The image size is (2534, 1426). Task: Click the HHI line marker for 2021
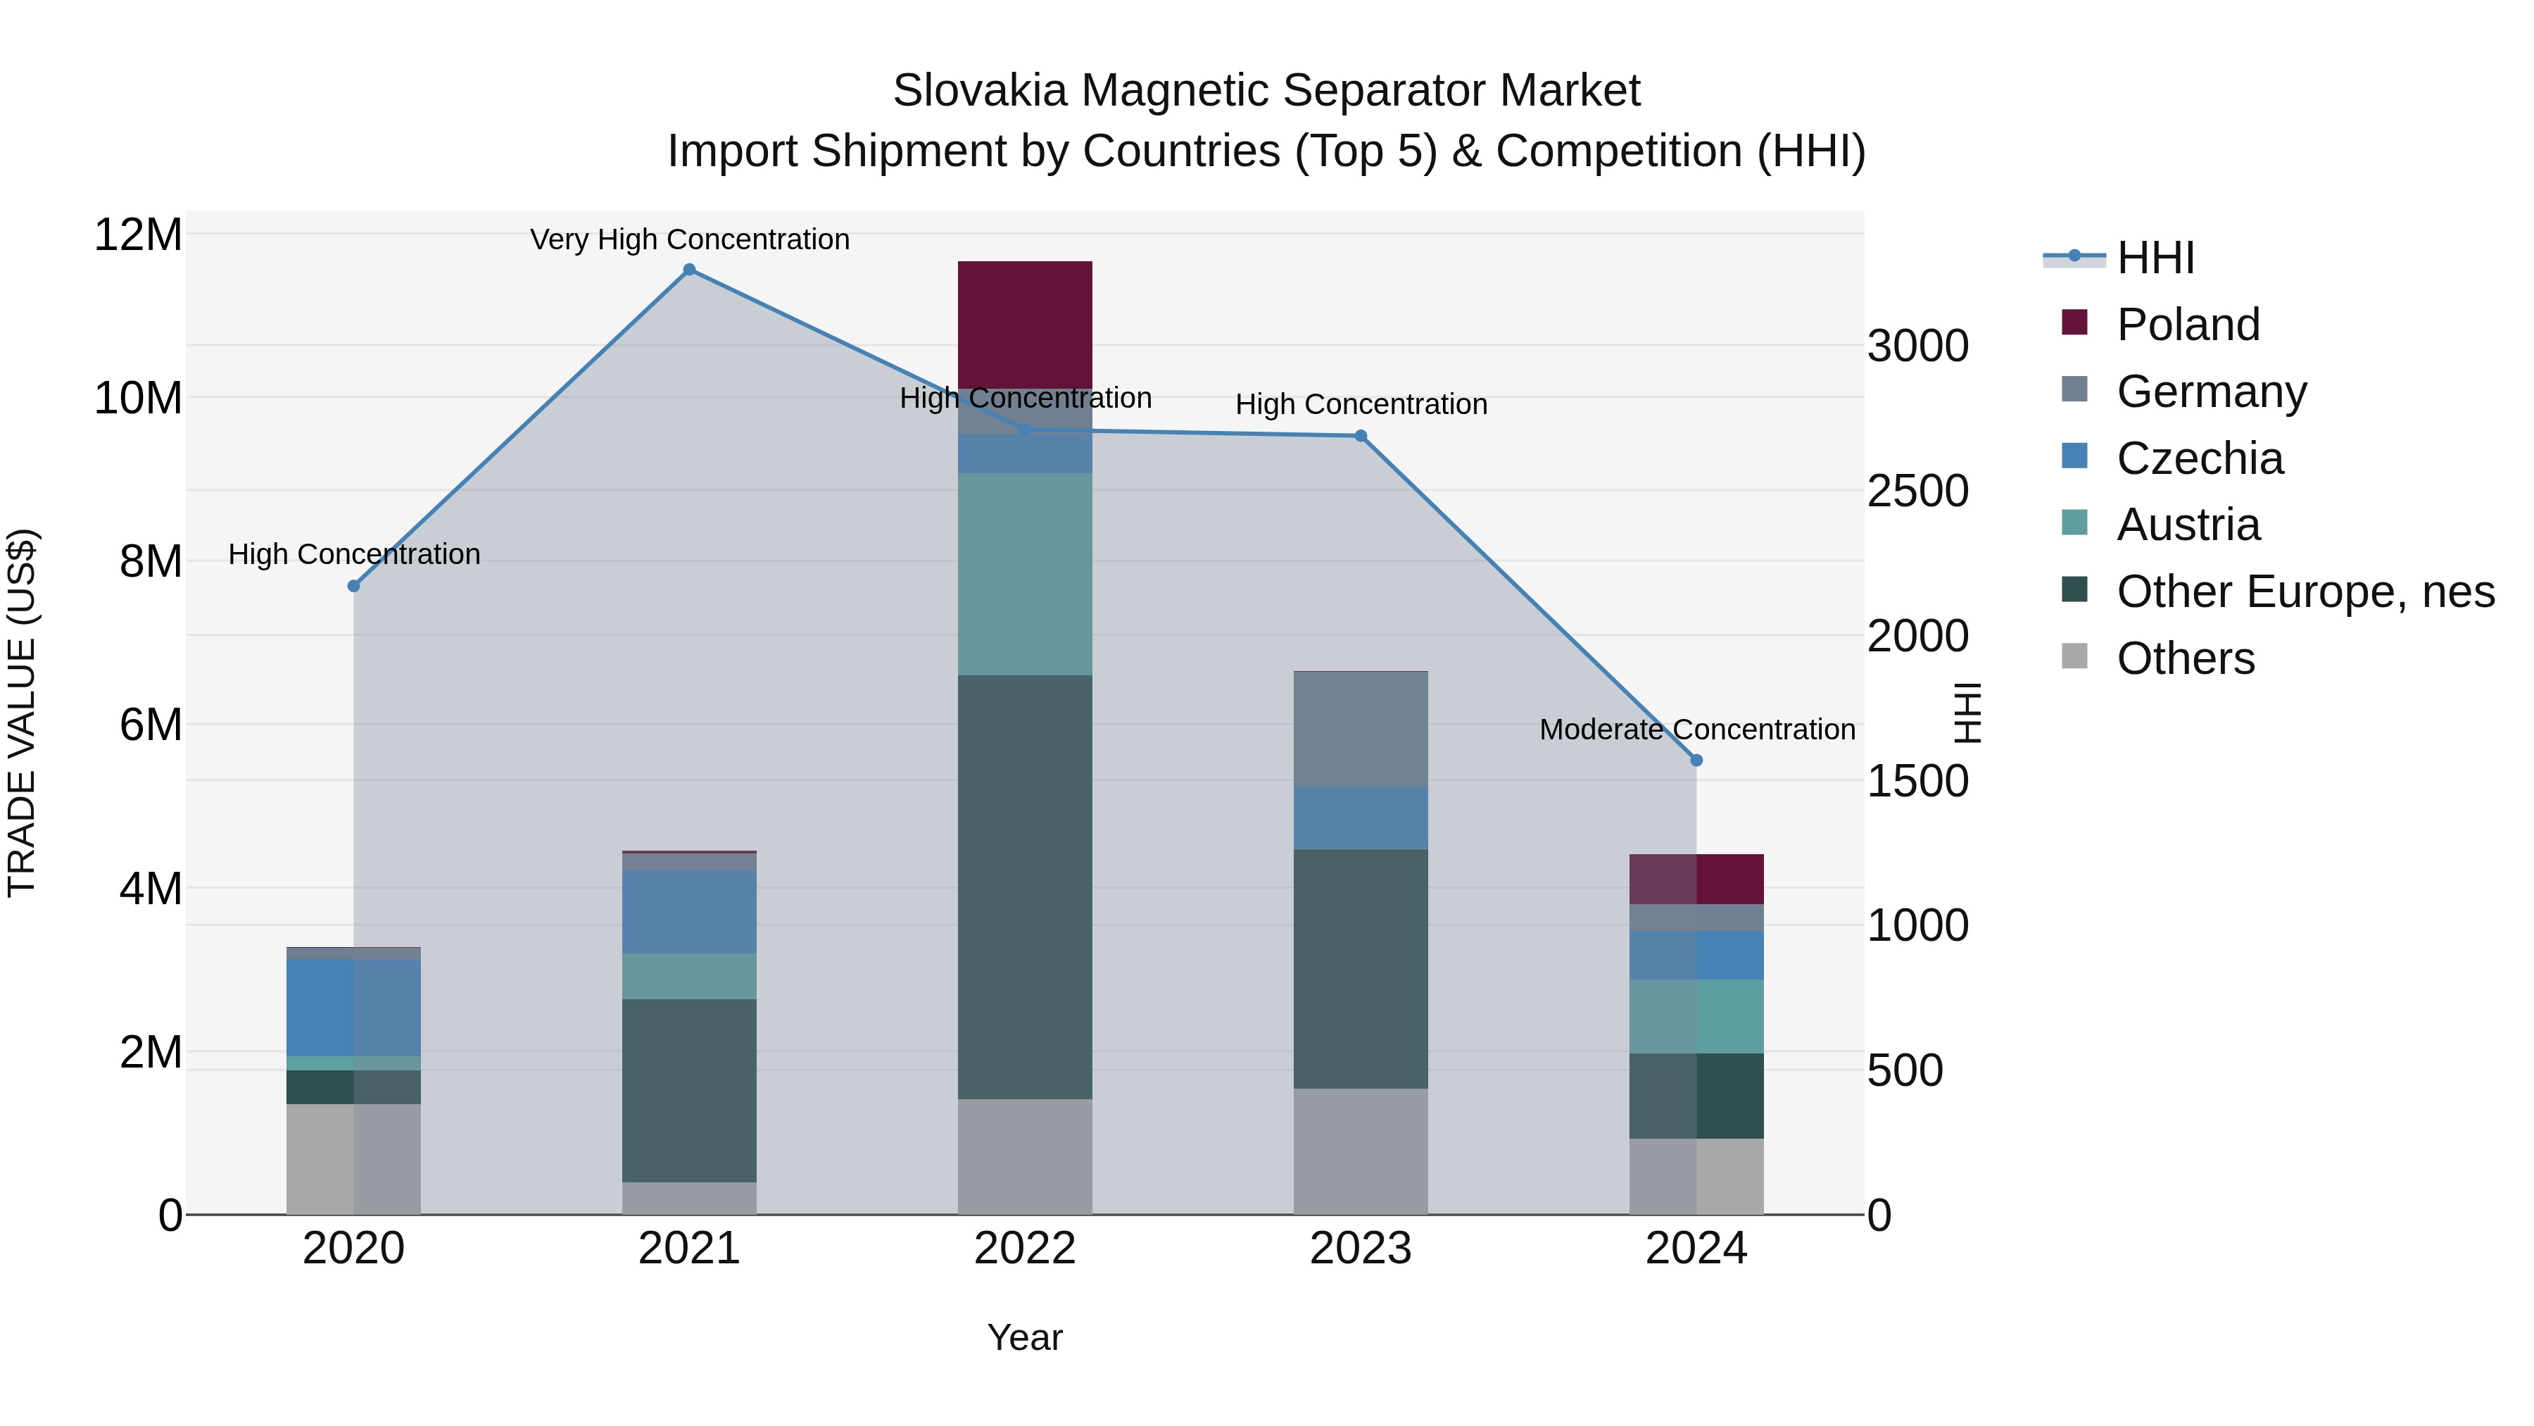pos(690,270)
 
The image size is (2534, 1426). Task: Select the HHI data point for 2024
pos(1696,761)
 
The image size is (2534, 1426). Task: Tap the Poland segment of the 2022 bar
pos(1025,324)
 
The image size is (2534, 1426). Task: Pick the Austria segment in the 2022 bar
pos(1025,574)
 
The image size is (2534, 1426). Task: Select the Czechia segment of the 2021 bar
pos(690,911)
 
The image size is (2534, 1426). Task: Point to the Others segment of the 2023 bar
pos(1361,1151)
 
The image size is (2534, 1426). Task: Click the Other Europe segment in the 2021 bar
pos(690,1090)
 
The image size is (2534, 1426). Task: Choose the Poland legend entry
pos(2188,325)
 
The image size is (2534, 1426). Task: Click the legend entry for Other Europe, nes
pos(2305,592)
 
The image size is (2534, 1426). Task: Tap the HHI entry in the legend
pos(2155,258)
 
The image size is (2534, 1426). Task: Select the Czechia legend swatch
pos(2074,456)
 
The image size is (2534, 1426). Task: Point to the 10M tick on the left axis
pos(138,399)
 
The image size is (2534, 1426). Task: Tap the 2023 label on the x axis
pos(1361,1249)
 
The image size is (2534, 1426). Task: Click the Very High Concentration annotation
pos(690,239)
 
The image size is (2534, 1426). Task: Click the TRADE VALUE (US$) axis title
pos(22,713)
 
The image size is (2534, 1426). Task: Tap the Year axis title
pos(1025,1337)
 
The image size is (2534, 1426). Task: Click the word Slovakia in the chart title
pos(979,91)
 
